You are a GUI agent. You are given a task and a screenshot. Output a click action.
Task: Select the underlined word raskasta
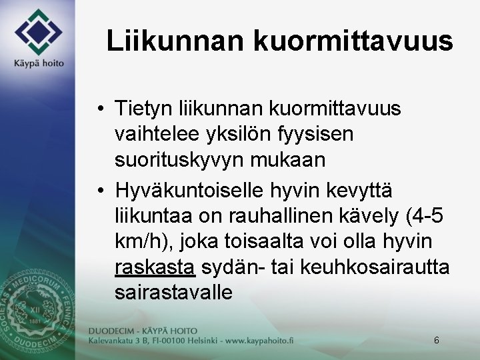[155, 267]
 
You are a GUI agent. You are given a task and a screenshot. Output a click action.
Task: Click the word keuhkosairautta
[375, 267]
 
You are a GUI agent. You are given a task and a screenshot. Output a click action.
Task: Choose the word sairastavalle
[173, 293]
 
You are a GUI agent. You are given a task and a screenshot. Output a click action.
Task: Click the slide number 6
[436, 341]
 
